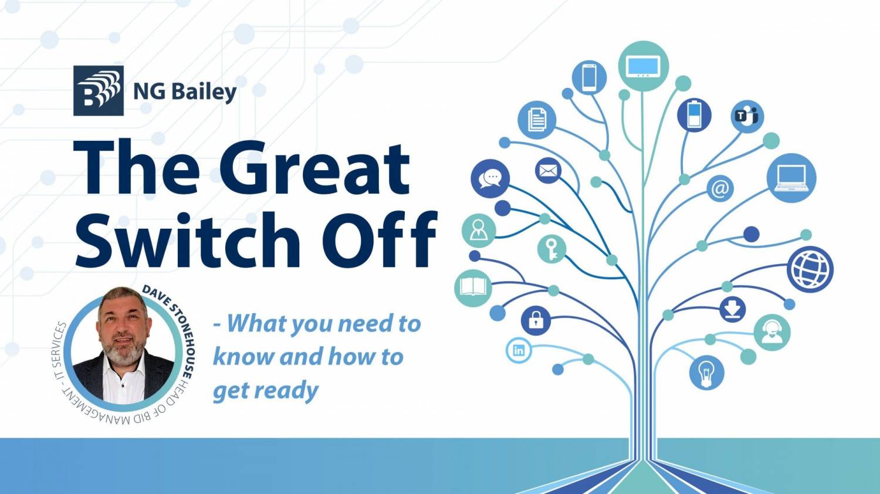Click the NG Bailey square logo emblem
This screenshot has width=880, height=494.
[99, 90]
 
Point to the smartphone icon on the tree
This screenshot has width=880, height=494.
[589, 77]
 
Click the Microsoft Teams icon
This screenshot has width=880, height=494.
[747, 116]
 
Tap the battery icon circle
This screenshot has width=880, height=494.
[694, 115]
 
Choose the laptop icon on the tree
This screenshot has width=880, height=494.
[791, 178]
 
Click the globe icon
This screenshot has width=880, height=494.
[810, 270]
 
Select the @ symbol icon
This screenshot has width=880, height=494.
[720, 189]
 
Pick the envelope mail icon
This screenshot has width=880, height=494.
[548, 171]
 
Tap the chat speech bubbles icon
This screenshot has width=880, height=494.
[490, 179]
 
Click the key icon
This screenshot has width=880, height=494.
[551, 249]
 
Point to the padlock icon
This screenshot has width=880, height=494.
[536, 320]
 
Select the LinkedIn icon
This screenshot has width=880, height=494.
[519, 350]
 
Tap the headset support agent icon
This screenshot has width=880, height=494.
[772, 333]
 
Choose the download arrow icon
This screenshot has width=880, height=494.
[733, 309]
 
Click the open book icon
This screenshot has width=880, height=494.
[473, 287]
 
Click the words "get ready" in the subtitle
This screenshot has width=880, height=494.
[266, 391]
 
